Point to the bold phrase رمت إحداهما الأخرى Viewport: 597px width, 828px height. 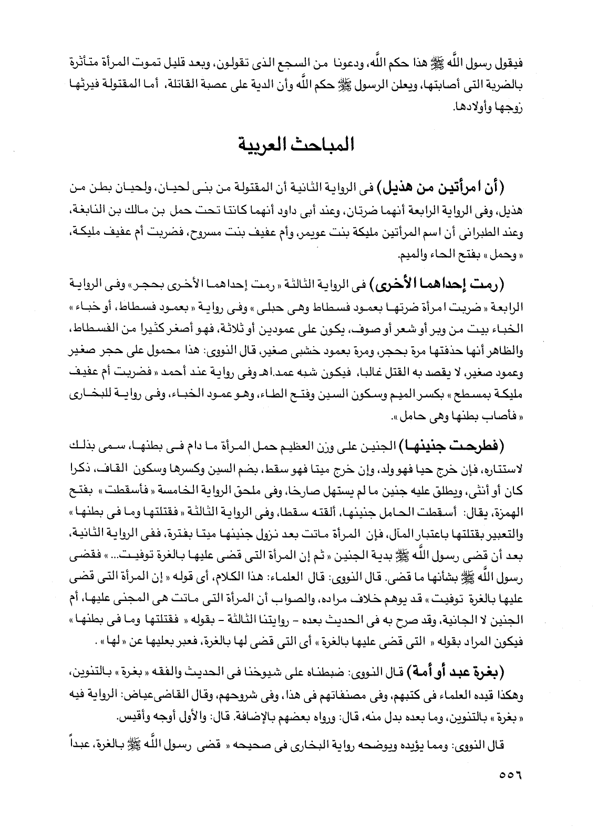[451, 287]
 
